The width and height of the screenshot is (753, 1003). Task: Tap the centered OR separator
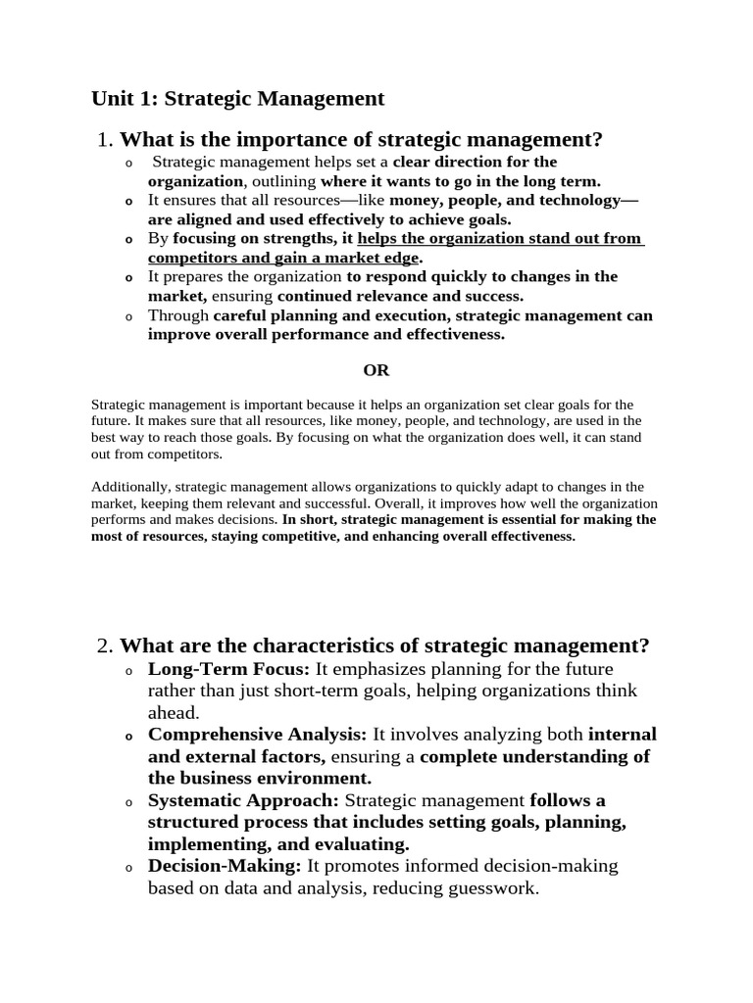pos(376,370)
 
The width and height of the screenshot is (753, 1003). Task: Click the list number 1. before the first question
pos(106,140)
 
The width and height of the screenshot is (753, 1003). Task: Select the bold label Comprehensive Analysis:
pos(257,734)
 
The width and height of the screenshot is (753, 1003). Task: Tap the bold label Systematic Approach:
pos(244,800)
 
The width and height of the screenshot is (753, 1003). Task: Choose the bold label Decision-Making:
pos(226,866)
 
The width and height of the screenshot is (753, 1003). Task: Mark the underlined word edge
pos(400,258)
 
